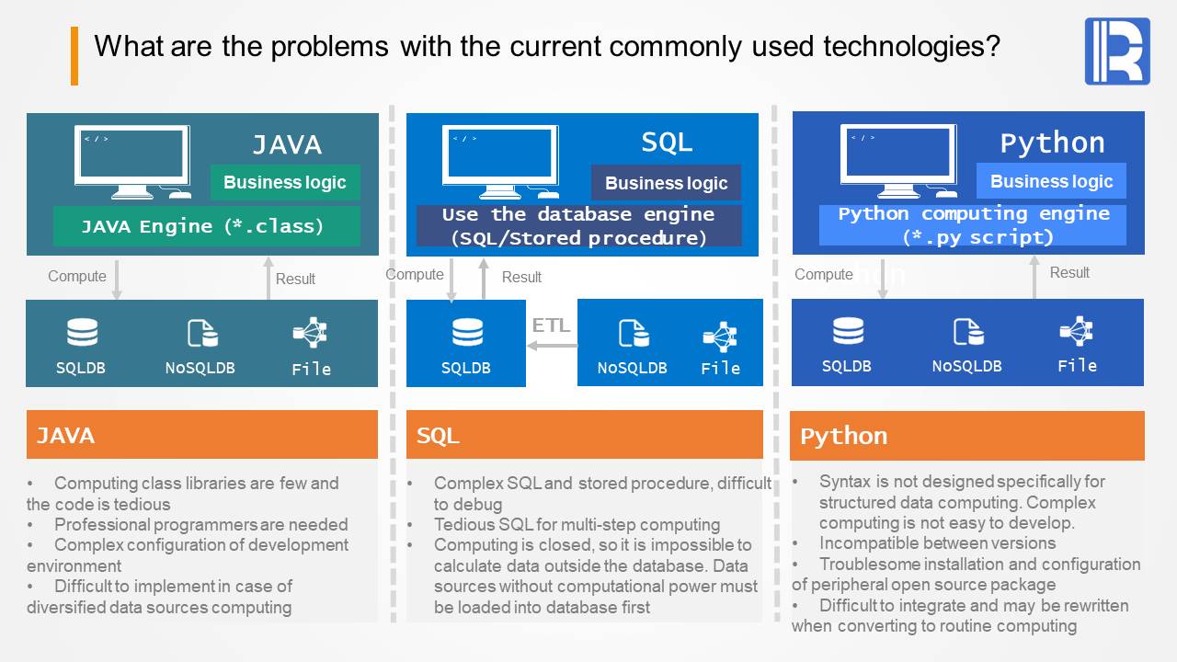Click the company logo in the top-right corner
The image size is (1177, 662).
(1117, 51)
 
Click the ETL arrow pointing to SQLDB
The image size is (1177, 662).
(552, 346)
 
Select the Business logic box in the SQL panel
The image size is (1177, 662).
(666, 183)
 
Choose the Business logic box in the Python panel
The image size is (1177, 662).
(1051, 181)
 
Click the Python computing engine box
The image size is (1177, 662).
(973, 225)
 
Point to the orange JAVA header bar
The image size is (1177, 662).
(201, 434)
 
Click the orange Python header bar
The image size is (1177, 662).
(967, 436)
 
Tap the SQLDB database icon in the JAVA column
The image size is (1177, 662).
(82, 332)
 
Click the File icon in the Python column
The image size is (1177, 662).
(1076, 330)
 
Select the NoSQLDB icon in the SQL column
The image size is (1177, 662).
(633, 333)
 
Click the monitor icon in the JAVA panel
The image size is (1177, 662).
(132, 162)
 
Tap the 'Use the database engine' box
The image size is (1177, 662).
(578, 226)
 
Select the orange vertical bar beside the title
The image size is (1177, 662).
(74, 56)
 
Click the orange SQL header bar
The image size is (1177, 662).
(584, 434)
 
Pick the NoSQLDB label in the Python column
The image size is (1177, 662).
(966, 365)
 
